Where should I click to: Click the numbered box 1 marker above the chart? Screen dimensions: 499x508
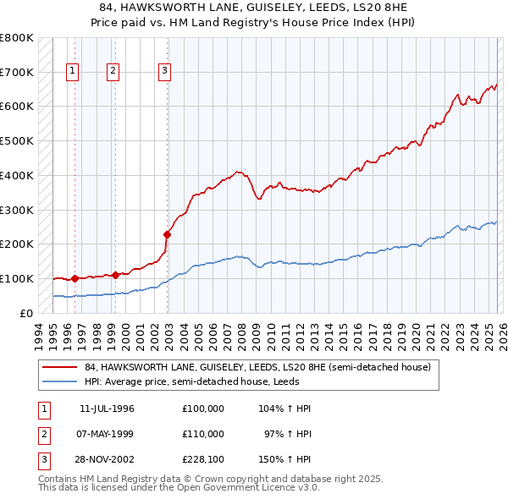(x=74, y=72)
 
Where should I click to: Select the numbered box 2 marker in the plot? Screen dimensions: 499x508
(x=113, y=72)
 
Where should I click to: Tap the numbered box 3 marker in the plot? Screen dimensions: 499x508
(x=164, y=72)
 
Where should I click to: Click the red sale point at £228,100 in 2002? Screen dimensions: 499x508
(x=168, y=234)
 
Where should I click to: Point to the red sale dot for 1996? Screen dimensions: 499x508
(x=75, y=278)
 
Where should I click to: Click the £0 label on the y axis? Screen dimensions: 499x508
(x=25, y=313)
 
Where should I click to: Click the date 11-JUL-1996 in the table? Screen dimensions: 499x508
(x=107, y=409)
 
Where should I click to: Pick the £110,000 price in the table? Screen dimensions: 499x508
(x=202, y=434)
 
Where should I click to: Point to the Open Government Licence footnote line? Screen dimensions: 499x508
(x=179, y=487)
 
